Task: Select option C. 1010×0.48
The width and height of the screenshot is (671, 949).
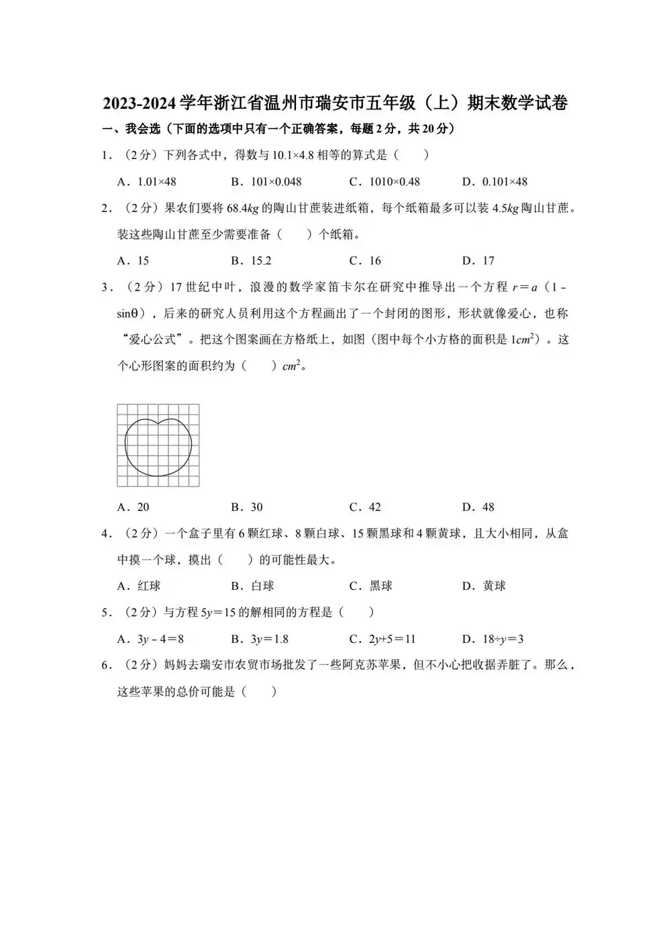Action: pos(384,181)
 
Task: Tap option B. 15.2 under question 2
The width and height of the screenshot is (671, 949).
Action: pos(251,260)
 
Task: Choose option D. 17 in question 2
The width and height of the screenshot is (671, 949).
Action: pos(478,260)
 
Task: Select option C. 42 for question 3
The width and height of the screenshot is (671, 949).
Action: pos(365,507)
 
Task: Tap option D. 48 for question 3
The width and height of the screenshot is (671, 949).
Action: pos(478,507)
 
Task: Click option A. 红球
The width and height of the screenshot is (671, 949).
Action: pos(139,586)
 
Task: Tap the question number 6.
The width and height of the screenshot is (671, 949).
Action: pos(105,665)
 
